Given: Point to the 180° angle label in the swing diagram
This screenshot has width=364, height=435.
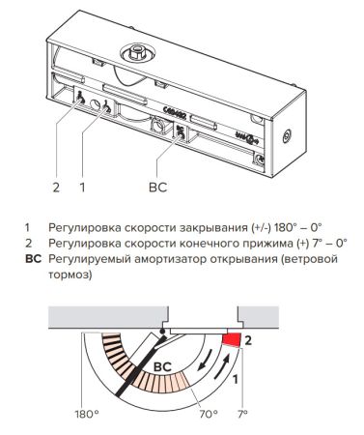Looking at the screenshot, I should [x=86, y=413].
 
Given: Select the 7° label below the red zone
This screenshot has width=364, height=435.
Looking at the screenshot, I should [x=240, y=413].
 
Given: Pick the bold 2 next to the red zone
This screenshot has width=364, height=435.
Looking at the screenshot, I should [x=249, y=340].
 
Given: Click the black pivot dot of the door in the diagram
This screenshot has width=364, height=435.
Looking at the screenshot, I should [x=163, y=331].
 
